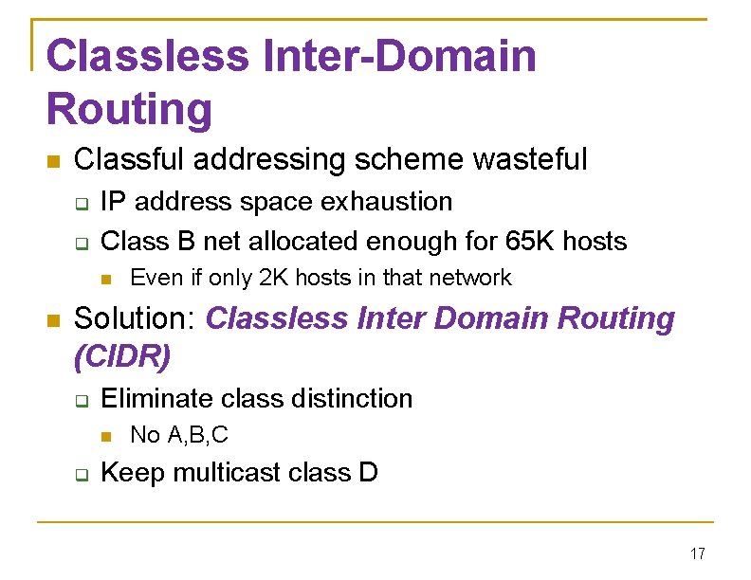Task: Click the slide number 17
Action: [x=698, y=554]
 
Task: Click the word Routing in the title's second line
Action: [x=129, y=109]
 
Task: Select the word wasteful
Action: [x=531, y=159]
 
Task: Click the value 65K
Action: [x=531, y=241]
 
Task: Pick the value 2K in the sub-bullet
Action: [x=274, y=278]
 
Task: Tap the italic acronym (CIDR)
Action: [x=121, y=357]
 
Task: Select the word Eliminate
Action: [x=157, y=398]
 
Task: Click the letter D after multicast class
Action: [x=368, y=472]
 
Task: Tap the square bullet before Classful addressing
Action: [x=53, y=160]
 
